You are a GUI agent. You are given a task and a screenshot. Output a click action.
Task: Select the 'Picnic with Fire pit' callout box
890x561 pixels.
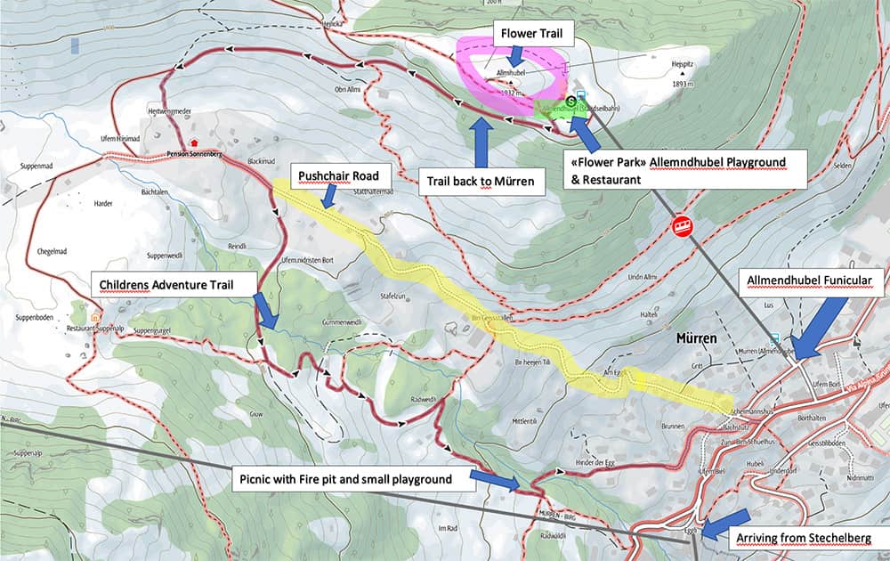344,479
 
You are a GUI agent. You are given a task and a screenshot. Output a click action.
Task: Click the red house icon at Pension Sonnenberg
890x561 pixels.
194,142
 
